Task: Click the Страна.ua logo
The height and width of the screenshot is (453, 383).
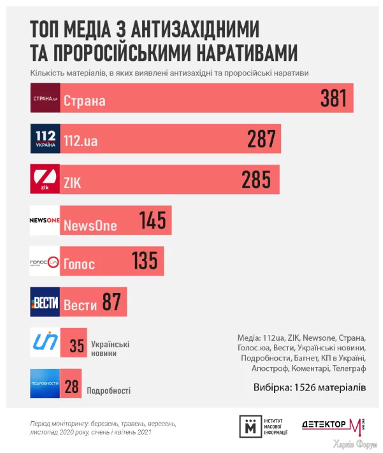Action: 45,98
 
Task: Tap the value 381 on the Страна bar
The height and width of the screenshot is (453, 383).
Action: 333,98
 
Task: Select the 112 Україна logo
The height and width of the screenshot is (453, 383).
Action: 45,139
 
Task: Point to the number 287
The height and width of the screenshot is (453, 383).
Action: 261,139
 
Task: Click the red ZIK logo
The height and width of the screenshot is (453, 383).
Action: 45,179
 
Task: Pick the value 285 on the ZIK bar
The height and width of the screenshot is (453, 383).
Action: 256,180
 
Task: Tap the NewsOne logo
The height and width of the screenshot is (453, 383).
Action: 45,220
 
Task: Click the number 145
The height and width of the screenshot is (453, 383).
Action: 152,221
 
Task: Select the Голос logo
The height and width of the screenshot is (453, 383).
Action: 45,261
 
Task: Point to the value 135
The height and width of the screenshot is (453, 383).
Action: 145,262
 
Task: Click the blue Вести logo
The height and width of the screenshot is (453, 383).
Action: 45,302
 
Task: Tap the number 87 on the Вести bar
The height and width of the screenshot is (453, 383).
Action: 112,302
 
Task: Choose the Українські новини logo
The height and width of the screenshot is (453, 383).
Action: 45,343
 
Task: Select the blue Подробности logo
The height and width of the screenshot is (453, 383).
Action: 45,383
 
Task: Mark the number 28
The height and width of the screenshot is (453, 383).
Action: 71,386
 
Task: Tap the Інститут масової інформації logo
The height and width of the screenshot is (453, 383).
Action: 263,427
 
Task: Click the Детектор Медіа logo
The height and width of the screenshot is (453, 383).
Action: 333,426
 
